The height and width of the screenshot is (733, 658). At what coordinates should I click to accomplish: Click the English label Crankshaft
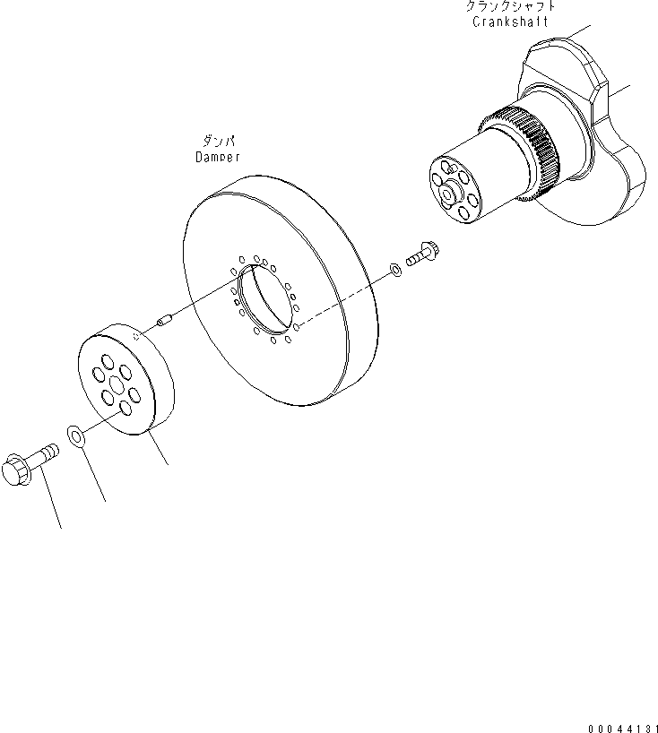click(510, 22)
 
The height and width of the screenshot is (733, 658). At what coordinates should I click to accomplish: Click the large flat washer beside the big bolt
click(75, 437)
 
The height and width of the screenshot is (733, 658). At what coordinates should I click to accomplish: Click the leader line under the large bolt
click(54, 506)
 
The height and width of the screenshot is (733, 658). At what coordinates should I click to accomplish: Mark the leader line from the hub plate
click(159, 449)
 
